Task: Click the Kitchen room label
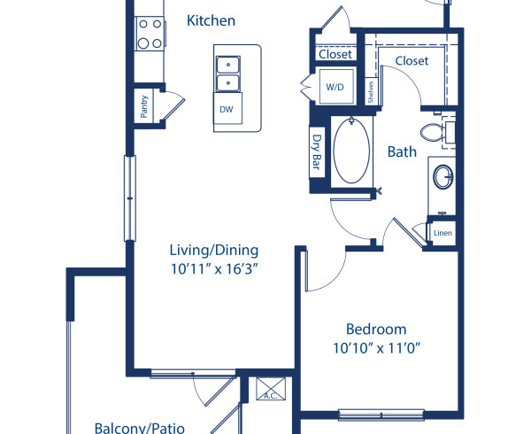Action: (212, 20)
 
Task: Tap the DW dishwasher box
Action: (226, 109)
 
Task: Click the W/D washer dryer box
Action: (335, 88)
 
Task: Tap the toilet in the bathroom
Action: (435, 133)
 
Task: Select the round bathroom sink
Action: (442, 178)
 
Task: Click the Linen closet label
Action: (442, 233)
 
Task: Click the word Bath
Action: (402, 151)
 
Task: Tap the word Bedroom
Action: (376, 328)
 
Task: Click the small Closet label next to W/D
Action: (335, 54)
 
